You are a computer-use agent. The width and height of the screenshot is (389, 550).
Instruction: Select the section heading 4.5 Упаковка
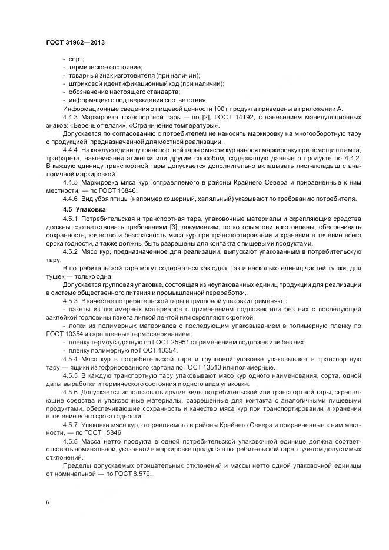pos(84,209)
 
